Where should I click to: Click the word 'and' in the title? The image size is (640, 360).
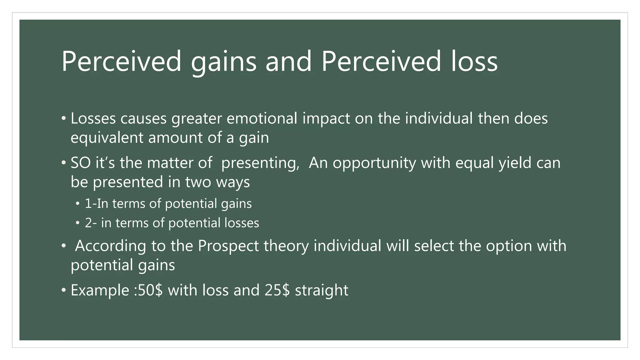[x=288, y=62]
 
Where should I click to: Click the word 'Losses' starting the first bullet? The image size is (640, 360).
[x=93, y=118]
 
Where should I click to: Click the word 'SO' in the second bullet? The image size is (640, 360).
[x=80, y=163]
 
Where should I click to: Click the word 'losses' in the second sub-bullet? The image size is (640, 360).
[x=242, y=223]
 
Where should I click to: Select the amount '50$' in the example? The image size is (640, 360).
[x=150, y=290]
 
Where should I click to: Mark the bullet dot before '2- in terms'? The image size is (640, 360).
[x=77, y=223]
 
